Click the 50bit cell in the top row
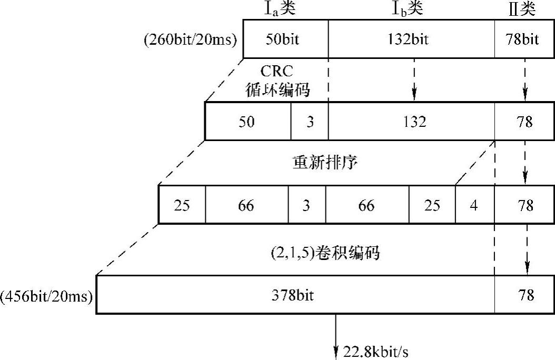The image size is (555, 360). [285, 39]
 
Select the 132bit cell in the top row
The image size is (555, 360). [411, 39]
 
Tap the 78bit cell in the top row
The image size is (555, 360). [524, 39]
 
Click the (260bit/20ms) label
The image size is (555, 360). [190, 40]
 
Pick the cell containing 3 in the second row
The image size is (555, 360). [310, 122]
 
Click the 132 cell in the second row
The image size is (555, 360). [411, 122]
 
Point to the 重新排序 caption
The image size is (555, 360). [325, 162]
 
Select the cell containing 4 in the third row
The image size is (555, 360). [474, 205]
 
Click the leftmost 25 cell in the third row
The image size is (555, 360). [182, 205]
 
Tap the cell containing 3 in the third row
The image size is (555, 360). [306, 205]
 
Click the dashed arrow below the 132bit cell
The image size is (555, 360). [414, 79]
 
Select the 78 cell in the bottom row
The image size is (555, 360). [524, 295]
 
